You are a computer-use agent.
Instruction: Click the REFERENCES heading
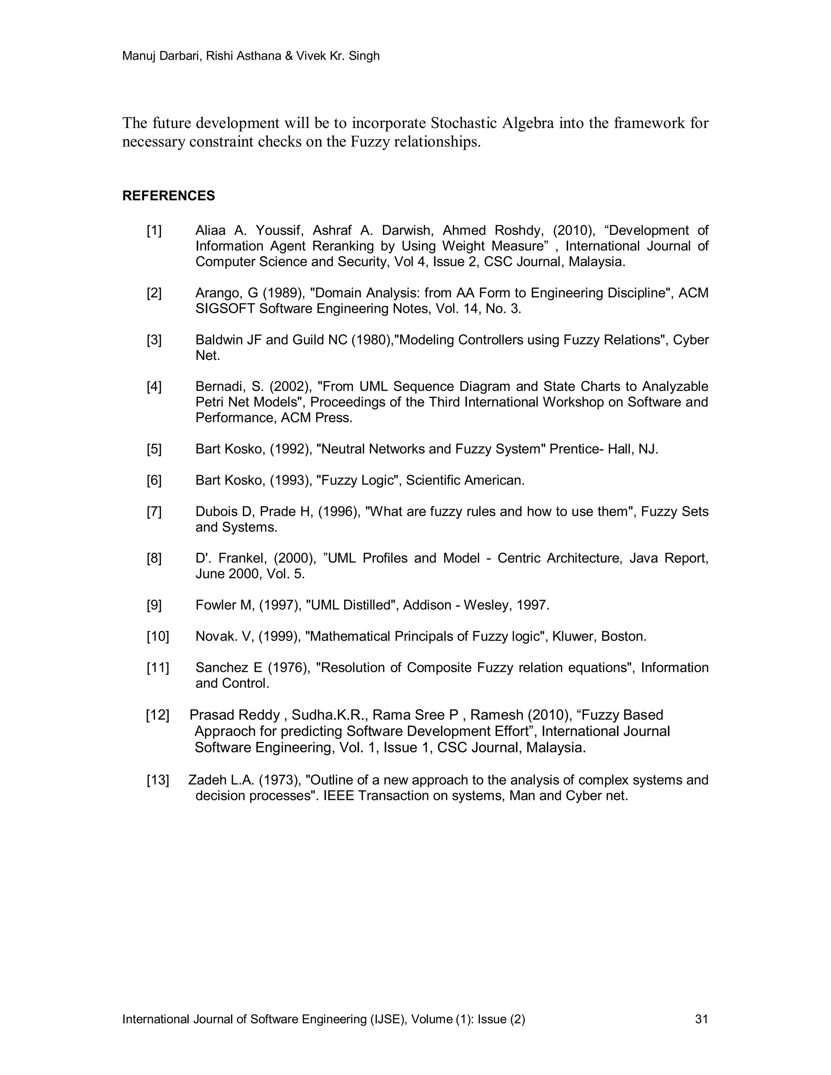coord(168,196)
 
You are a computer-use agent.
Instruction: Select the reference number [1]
coord(154,230)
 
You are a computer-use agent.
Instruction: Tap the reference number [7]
coord(154,512)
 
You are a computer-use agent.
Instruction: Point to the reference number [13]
coord(157,780)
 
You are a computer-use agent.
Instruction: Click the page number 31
coord(702,1019)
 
